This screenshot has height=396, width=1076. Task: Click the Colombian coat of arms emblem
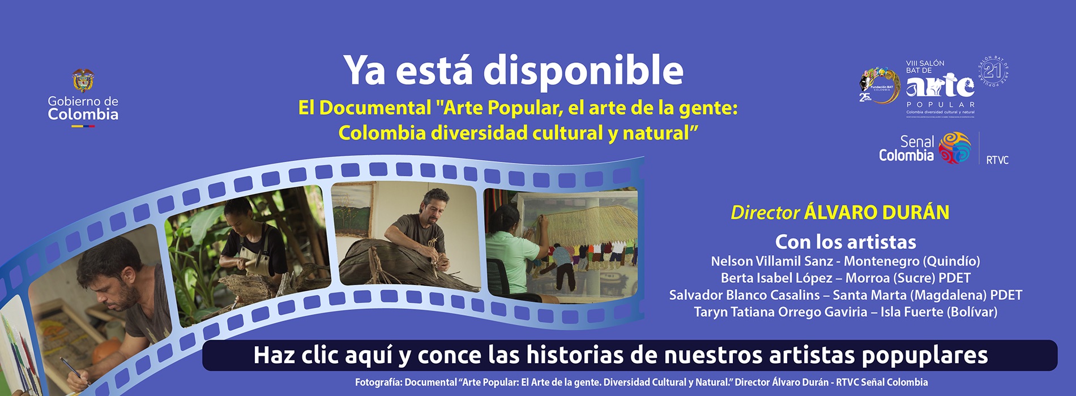click(x=83, y=81)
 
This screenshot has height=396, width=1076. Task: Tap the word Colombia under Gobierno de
click(x=83, y=115)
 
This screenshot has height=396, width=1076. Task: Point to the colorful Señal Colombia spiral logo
click(x=955, y=148)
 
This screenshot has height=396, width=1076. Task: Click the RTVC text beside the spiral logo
click(x=997, y=160)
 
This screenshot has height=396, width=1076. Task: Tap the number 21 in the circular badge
click(x=993, y=71)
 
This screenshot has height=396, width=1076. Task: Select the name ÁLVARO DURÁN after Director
click(x=877, y=213)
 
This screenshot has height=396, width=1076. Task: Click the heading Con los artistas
click(x=846, y=242)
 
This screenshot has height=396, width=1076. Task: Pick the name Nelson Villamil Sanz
click(x=771, y=261)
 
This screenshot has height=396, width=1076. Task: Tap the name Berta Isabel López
click(x=776, y=278)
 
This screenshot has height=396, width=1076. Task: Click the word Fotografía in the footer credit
click(x=378, y=382)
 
